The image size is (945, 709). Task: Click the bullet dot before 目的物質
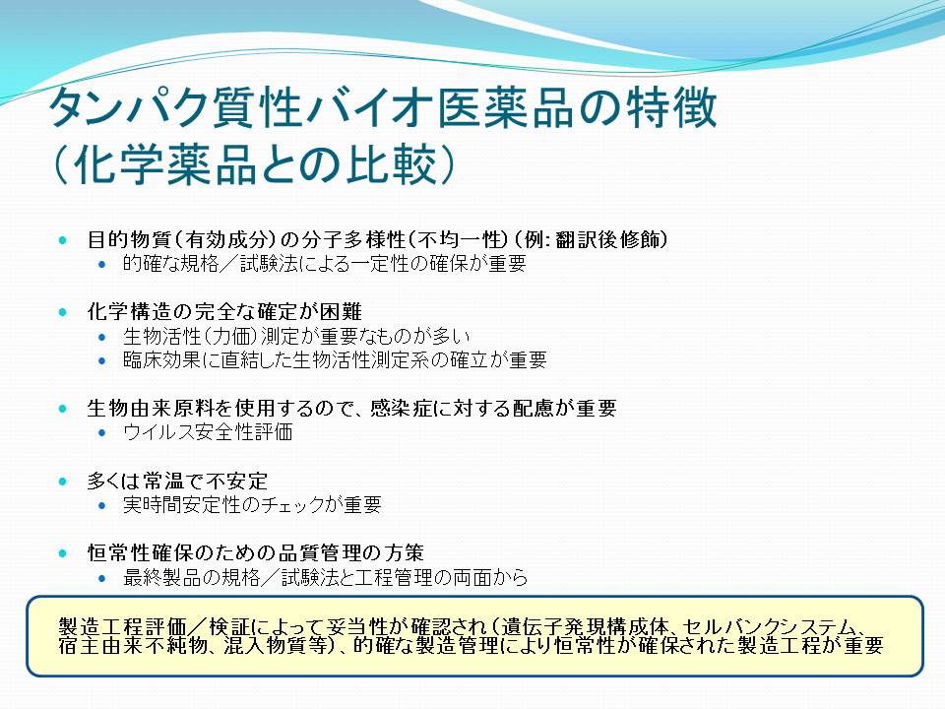coord(63,240)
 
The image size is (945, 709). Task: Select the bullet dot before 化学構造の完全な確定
coord(63,312)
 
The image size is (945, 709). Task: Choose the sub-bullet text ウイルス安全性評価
coord(208,432)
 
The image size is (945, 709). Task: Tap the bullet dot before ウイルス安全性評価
coord(101,433)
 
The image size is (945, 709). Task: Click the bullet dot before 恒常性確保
coord(63,553)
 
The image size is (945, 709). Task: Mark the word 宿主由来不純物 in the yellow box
coord(133,646)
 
